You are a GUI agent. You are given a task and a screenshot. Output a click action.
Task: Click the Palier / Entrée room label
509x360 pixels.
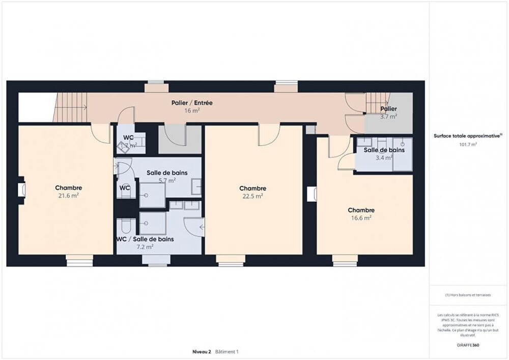(x=192, y=103)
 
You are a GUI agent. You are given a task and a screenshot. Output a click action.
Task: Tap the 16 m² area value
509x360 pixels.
(x=192, y=110)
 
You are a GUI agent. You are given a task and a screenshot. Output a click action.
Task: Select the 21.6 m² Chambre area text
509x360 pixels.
(x=68, y=196)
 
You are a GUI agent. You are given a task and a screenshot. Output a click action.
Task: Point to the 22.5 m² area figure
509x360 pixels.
(x=253, y=196)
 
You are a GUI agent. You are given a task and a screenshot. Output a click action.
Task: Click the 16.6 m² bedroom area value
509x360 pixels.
(x=361, y=217)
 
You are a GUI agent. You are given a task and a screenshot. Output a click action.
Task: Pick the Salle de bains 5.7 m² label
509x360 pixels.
(x=167, y=173)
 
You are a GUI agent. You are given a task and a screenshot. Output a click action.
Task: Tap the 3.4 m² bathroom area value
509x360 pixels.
(x=384, y=158)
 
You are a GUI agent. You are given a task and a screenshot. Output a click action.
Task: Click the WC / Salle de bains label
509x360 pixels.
(x=145, y=239)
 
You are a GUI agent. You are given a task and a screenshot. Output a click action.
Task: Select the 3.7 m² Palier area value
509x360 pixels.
(x=389, y=116)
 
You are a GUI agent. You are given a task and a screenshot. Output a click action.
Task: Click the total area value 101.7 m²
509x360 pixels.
(x=468, y=144)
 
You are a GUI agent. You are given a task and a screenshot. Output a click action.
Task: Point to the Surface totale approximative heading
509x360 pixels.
(x=468, y=136)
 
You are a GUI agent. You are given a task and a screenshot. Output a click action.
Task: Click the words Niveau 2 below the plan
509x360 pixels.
(x=202, y=351)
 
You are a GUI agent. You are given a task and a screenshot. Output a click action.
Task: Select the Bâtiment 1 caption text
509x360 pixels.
(x=227, y=351)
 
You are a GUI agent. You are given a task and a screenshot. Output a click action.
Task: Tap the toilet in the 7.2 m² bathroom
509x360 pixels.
(x=125, y=226)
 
